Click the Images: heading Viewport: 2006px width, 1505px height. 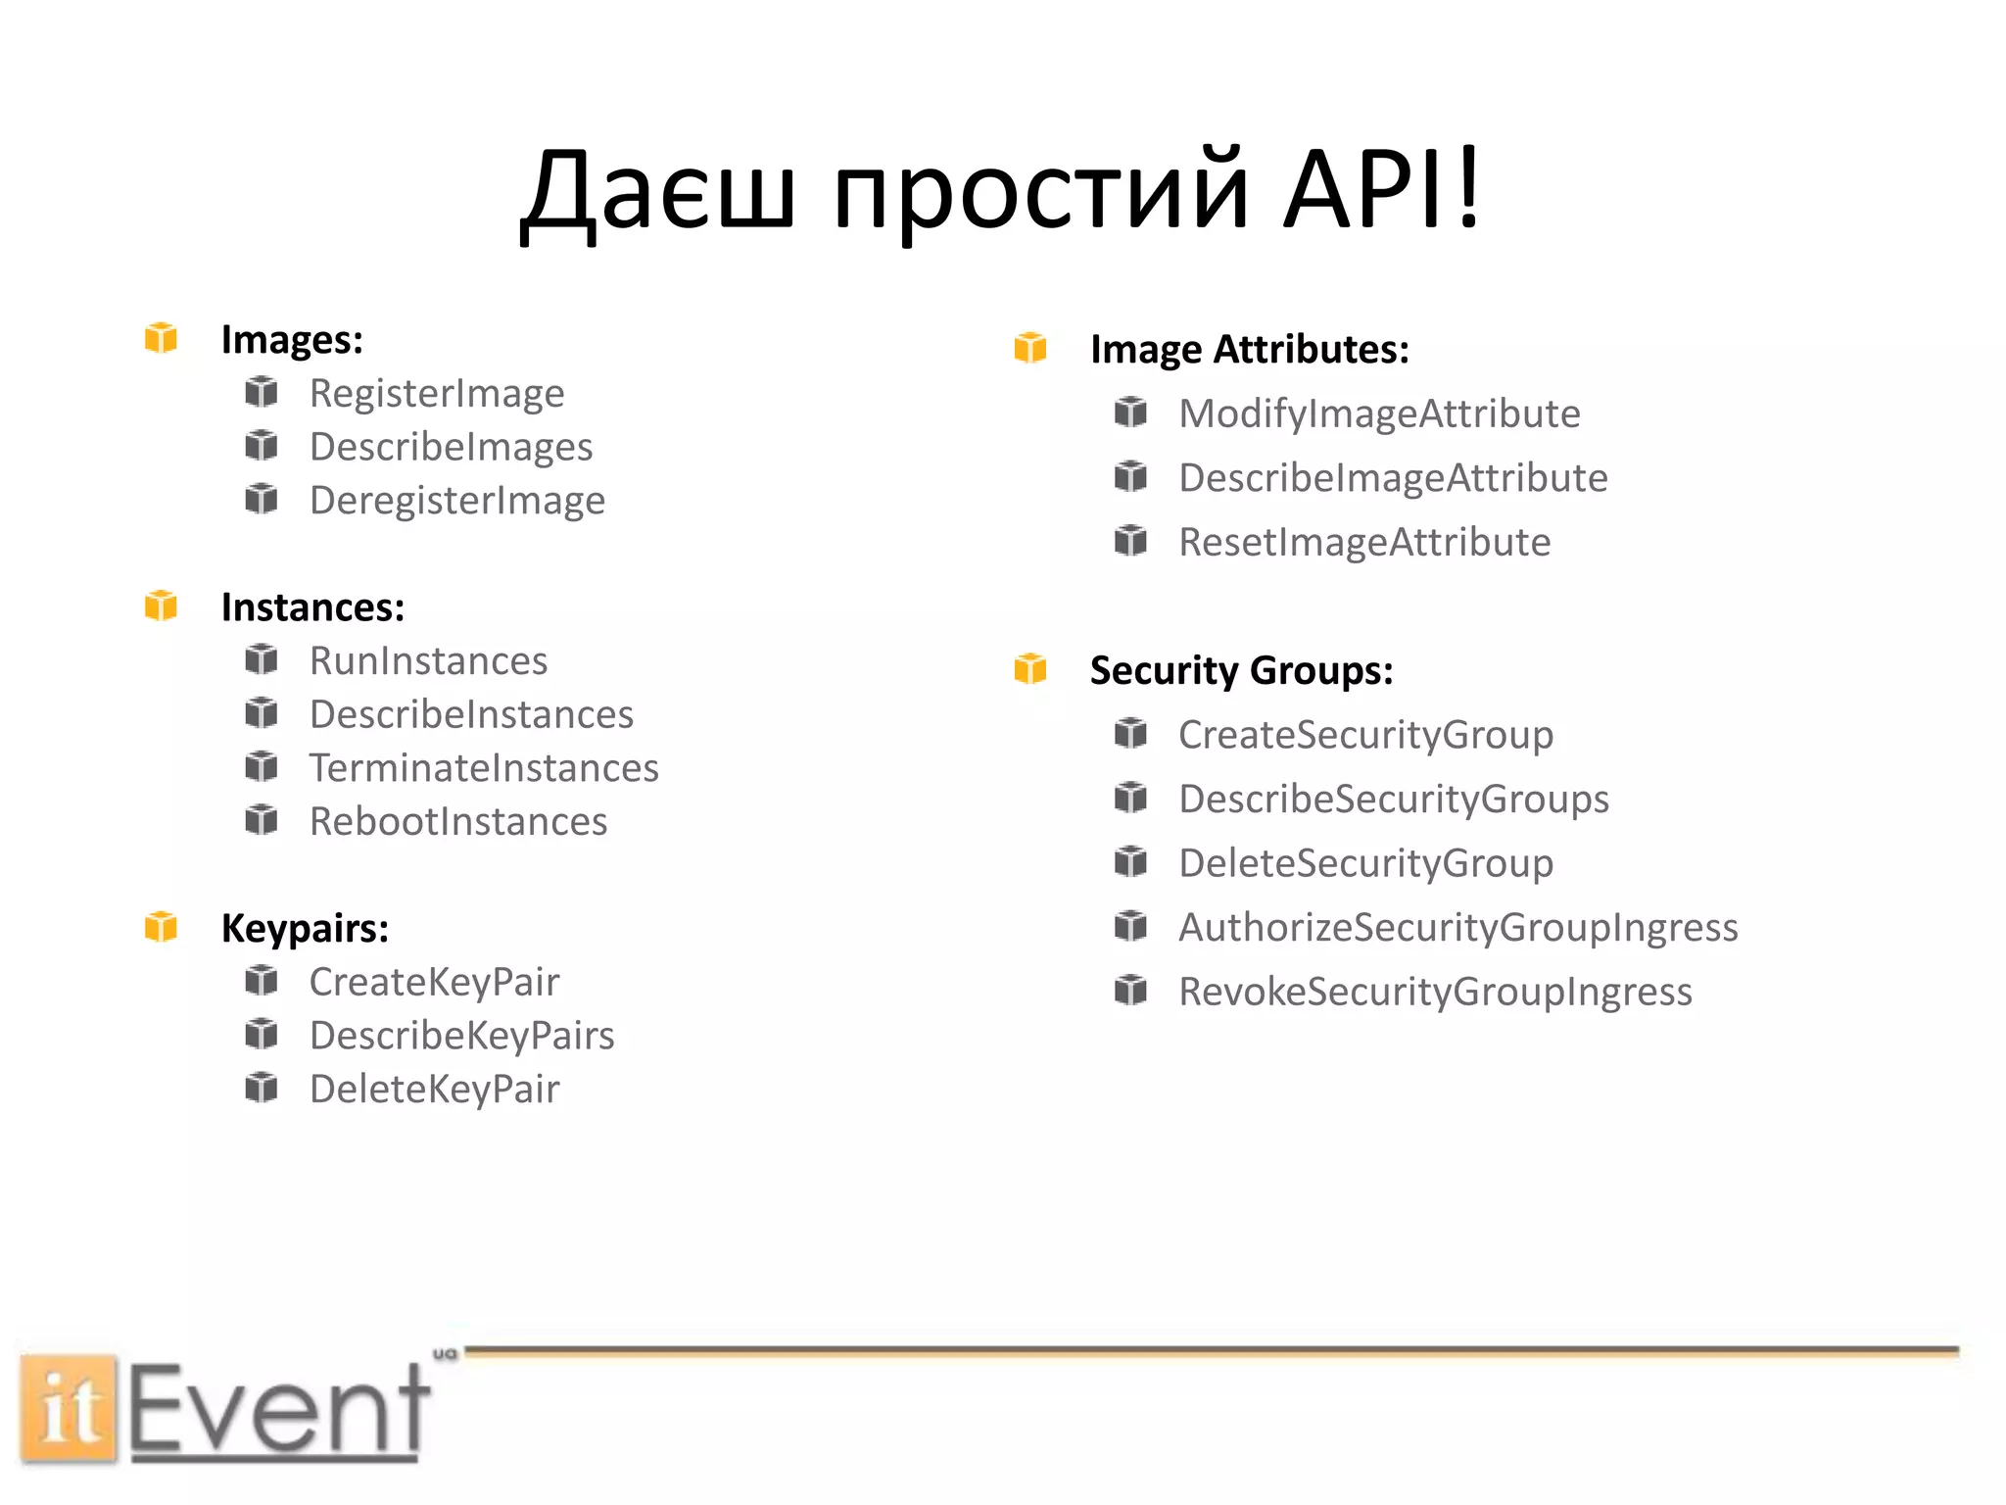pyautogui.click(x=292, y=340)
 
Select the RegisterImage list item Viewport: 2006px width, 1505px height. pyautogui.click(x=437, y=394)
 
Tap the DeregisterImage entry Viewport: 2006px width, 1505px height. pyautogui.click(x=457, y=501)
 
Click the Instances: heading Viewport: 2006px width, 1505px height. pyautogui.click(x=312, y=607)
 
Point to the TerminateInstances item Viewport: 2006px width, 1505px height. pyautogui.click(x=484, y=768)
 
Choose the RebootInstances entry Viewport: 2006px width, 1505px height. pyautogui.click(x=458, y=822)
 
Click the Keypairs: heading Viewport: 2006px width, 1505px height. pyautogui.click(x=305, y=928)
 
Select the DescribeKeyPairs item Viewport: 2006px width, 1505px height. pyautogui.click(x=462, y=1036)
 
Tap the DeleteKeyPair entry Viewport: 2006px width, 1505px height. pyautogui.click(x=435, y=1090)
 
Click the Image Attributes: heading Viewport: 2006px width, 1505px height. pyautogui.click(x=1250, y=350)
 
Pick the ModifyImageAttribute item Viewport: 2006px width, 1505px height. pyautogui.click(x=1379, y=413)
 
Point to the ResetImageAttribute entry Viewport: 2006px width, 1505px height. pyautogui.click(x=1364, y=542)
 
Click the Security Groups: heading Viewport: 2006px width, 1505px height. pyautogui.click(x=1241, y=671)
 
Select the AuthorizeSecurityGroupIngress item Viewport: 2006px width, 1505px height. pyautogui.click(x=1457, y=928)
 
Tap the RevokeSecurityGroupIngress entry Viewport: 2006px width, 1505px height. pyautogui.click(x=1435, y=992)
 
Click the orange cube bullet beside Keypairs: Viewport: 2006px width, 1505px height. pyautogui.click(x=162, y=926)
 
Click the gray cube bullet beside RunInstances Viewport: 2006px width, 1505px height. pyautogui.click(x=262, y=659)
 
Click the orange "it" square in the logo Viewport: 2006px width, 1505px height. pyautogui.click(x=69, y=1408)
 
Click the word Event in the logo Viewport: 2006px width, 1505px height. pyautogui.click(x=279, y=1411)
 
